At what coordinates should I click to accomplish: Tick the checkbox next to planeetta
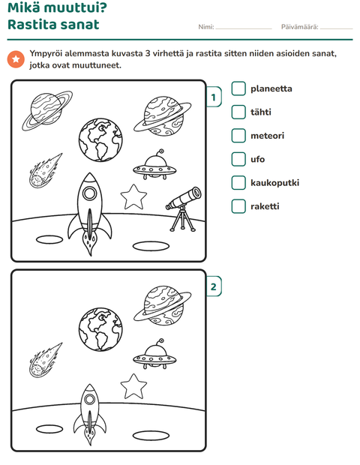[x=238, y=88]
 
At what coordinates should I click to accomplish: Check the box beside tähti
[x=238, y=112]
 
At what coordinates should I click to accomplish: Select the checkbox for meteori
[x=238, y=136]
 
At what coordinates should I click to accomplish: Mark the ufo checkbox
[x=238, y=159]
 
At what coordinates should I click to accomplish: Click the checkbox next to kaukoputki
[x=238, y=183]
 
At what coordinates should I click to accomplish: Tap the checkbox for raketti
[x=238, y=206]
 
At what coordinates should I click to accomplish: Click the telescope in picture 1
[x=184, y=208]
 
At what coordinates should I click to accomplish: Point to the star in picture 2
[x=133, y=386]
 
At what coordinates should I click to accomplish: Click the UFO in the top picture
[x=154, y=166]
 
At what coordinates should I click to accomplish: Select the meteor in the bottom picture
[x=45, y=361]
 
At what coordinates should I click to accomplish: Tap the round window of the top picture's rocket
[x=89, y=193]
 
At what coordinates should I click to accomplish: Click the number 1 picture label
[x=214, y=97]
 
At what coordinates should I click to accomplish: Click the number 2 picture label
[x=214, y=286]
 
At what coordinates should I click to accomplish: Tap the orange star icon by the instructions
[x=16, y=59]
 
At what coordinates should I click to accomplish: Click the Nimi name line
[x=244, y=28]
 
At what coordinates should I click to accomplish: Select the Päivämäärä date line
[x=337, y=28]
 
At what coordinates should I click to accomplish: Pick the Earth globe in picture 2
[x=100, y=329]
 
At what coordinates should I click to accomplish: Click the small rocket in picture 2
[x=89, y=414]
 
